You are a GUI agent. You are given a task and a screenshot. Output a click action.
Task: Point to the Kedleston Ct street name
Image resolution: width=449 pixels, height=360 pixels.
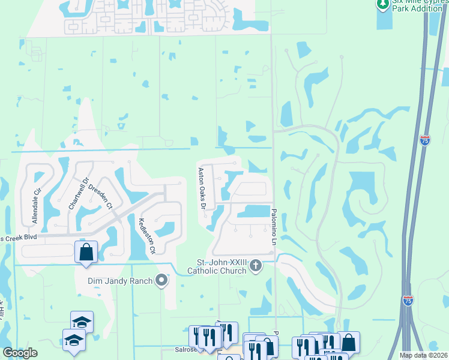pos(147,236)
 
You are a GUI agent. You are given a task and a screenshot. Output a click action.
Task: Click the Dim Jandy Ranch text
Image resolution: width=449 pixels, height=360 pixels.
pos(116,280)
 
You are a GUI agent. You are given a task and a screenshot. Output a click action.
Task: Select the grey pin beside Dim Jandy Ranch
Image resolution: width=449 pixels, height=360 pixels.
pos(161,280)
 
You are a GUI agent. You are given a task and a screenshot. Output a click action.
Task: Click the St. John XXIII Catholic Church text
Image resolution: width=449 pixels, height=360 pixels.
pos(222,266)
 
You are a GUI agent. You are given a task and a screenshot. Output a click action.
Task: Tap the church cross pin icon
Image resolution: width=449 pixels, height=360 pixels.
pos(256,266)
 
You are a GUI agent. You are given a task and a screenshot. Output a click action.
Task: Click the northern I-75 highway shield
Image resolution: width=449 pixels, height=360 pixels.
pos(425,140)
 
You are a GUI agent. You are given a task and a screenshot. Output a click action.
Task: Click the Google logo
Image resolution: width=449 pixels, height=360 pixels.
pos(20,353)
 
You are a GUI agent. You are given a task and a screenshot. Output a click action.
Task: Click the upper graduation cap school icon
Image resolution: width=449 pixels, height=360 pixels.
pos(82,322)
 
